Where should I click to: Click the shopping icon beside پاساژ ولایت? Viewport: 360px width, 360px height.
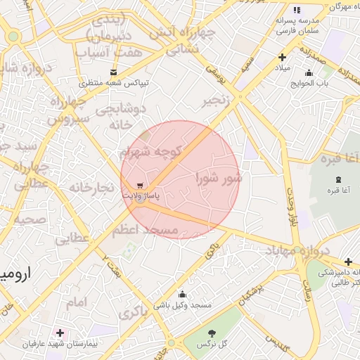click(140, 185)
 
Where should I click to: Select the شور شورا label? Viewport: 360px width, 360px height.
click(219, 177)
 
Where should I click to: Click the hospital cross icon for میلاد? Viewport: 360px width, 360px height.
click(283, 58)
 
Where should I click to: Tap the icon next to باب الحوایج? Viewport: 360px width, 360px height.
click(308, 72)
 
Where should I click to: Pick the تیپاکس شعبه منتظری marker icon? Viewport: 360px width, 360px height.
click(113, 72)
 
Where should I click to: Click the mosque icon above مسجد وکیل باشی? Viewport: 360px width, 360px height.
click(183, 294)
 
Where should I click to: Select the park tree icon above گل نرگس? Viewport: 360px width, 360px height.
click(212, 333)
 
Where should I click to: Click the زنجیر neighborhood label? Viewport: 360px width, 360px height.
click(217, 101)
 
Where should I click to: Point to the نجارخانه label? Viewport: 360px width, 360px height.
click(91, 188)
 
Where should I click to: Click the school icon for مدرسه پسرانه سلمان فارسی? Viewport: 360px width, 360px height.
click(296, 11)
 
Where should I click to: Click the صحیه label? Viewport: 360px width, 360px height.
click(30, 219)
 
